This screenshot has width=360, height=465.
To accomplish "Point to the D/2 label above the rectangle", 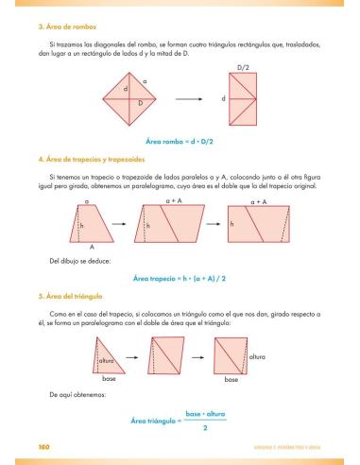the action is tap(245, 68).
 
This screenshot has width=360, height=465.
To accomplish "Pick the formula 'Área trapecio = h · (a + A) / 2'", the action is tap(180, 278).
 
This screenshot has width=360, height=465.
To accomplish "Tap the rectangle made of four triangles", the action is tap(245, 97).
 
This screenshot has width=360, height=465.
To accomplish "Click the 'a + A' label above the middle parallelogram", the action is tap(175, 202).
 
